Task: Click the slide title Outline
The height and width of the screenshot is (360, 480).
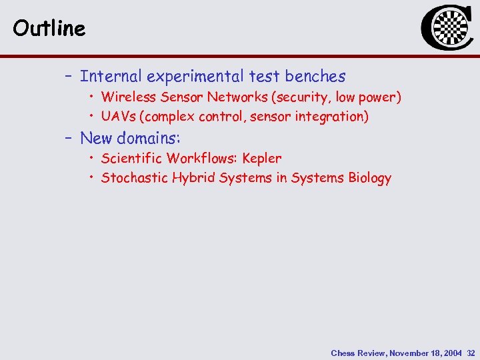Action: pyautogui.click(x=49, y=28)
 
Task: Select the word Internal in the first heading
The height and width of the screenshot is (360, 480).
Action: pyautogui.click(x=109, y=77)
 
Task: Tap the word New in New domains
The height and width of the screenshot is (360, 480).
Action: pyautogui.click(x=95, y=138)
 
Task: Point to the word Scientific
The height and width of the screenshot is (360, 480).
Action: pyautogui.click(x=132, y=159)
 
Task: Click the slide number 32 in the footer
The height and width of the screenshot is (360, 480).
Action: pyautogui.click(x=471, y=353)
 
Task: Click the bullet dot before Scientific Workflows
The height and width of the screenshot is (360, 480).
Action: pyautogui.click(x=91, y=159)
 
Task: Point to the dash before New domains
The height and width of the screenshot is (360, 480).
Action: pyautogui.click(x=68, y=138)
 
